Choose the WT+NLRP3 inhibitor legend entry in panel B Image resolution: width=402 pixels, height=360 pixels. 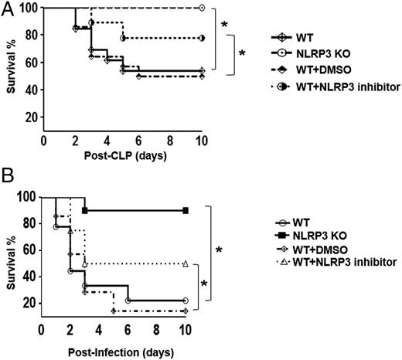(325, 263)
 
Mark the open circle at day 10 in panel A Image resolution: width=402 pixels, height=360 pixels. (202, 8)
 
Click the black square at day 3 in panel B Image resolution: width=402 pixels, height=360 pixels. (84, 210)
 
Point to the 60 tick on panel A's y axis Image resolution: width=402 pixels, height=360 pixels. (31, 63)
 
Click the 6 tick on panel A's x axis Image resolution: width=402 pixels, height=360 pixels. (138, 141)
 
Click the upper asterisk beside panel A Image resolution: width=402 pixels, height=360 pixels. (224, 25)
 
